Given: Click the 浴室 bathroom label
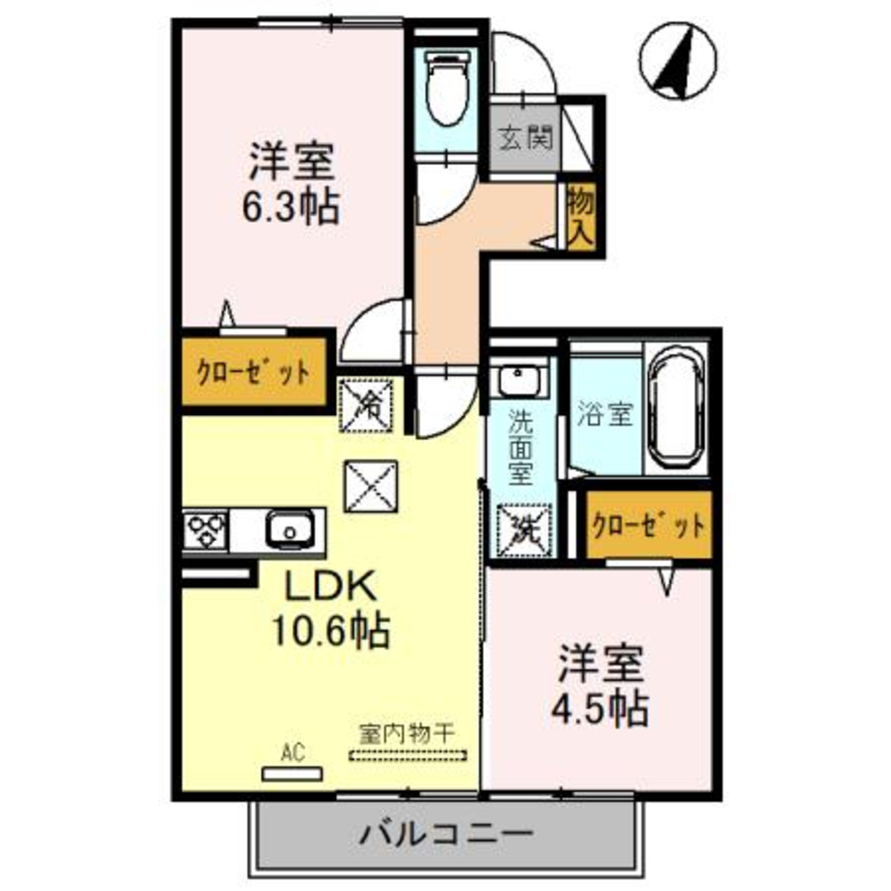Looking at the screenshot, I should [x=606, y=414].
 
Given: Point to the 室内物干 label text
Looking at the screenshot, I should [x=407, y=735].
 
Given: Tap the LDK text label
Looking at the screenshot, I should [x=331, y=587].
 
